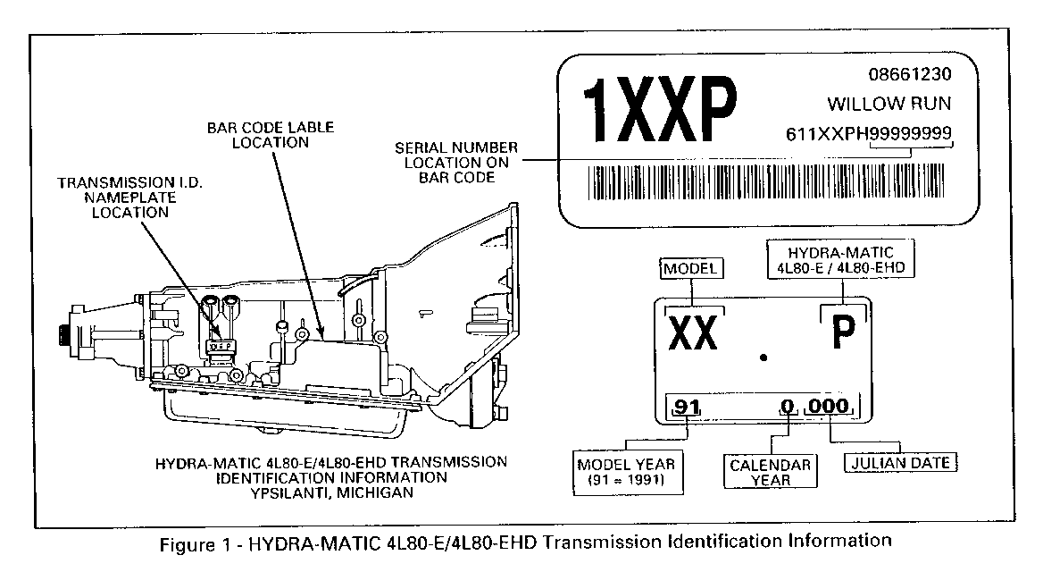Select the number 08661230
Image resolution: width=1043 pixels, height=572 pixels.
[x=910, y=74]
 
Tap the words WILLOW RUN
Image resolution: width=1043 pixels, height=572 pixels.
[x=889, y=103]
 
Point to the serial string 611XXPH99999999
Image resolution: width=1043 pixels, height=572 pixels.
[x=869, y=133]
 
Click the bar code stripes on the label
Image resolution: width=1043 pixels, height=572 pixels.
[x=765, y=181]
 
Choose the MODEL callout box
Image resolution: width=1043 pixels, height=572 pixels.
[x=691, y=268]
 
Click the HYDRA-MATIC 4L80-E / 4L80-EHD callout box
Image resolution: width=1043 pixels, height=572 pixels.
[x=841, y=259]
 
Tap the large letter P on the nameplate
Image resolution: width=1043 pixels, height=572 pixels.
[x=843, y=332]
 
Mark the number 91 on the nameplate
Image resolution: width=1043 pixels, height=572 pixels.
[x=687, y=406]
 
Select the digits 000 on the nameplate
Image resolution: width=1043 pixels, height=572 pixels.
[x=829, y=406]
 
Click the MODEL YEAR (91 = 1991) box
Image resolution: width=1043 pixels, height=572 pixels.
[x=628, y=472]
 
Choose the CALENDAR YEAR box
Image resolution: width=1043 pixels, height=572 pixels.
[x=771, y=471]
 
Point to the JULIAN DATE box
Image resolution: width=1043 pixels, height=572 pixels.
[x=901, y=463]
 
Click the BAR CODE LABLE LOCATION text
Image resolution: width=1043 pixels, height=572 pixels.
[x=270, y=135]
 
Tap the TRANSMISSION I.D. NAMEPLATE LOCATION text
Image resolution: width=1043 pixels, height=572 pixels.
[x=129, y=198]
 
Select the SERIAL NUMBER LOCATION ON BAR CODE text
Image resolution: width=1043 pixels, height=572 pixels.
[x=456, y=163]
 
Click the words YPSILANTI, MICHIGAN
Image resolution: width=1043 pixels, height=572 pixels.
[x=331, y=492]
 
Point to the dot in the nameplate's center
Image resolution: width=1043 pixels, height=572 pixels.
[x=763, y=357]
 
